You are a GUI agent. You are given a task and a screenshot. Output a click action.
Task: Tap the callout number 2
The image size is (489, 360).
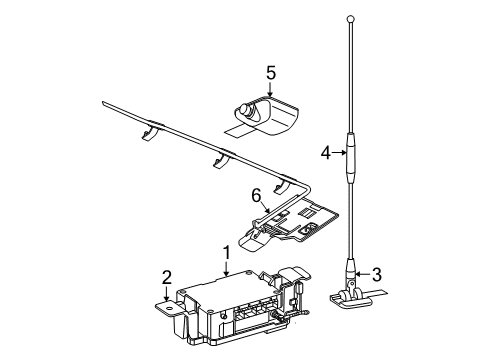point(168,278)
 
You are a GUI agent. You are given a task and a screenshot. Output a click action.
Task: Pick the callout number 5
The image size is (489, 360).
point(270,72)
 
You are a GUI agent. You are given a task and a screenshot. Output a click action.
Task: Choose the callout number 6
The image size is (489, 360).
point(256,198)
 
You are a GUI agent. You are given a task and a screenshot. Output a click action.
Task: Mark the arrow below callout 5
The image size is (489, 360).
point(270,90)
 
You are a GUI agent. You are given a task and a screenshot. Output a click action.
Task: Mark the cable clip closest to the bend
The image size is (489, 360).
point(284,185)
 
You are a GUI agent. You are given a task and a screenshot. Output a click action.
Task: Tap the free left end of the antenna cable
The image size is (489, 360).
point(102,102)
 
